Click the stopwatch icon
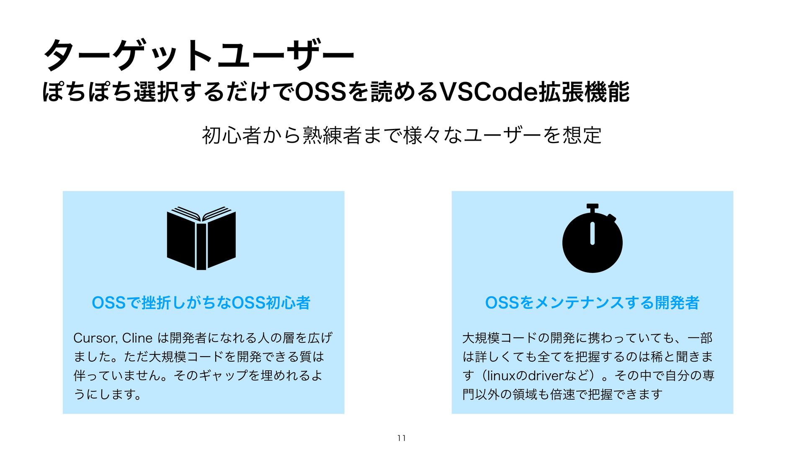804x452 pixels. (x=592, y=241)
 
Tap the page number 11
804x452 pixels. (x=402, y=438)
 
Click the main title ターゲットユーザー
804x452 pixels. (x=199, y=55)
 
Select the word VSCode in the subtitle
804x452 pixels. (x=488, y=92)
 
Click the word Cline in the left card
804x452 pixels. (x=137, y=338)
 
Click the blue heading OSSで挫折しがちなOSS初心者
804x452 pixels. (x=201, y=303)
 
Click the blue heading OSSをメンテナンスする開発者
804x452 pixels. (x=592, y=303)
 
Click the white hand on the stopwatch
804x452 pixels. (x=592, y=233)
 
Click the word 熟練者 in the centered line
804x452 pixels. (x=331, y=135)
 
